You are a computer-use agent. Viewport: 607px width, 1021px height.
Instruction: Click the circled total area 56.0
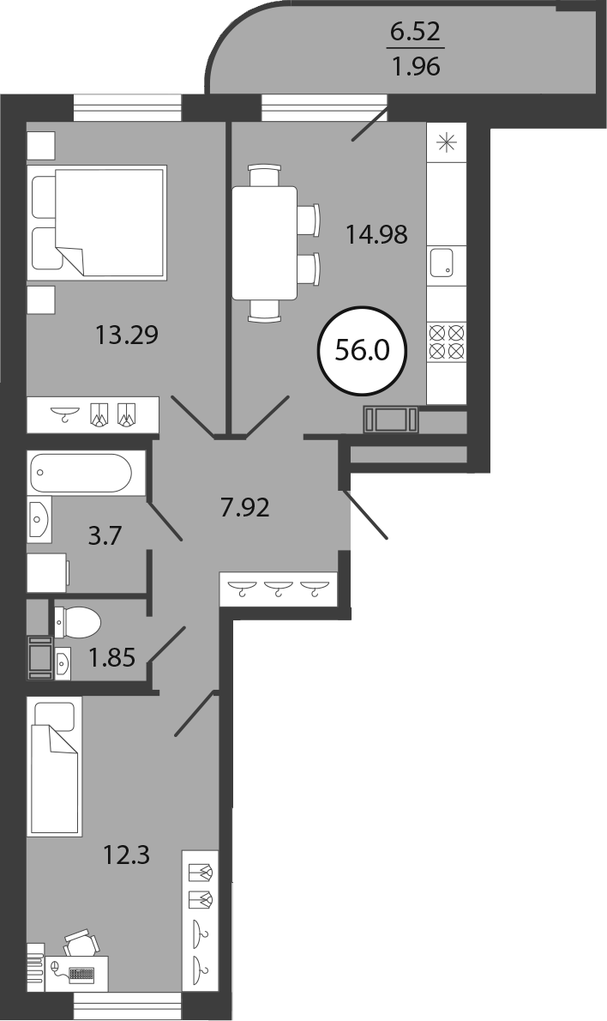point(362,352)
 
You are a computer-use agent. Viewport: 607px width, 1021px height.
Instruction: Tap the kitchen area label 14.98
point(376,233)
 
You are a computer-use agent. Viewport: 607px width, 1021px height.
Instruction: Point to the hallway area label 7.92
point(244,506)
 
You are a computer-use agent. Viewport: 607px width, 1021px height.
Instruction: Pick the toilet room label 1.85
point(112,658)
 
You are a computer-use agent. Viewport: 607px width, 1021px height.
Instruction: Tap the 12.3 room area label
point(126,855)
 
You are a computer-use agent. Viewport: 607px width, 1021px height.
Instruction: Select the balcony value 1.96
point(416,66)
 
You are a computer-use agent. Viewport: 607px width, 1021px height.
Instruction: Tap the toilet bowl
point(77,621)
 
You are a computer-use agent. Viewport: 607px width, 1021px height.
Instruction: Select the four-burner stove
point(447,341)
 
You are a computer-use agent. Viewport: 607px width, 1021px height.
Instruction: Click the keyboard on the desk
point(81,974)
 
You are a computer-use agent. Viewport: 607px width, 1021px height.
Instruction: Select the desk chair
point(82,943)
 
